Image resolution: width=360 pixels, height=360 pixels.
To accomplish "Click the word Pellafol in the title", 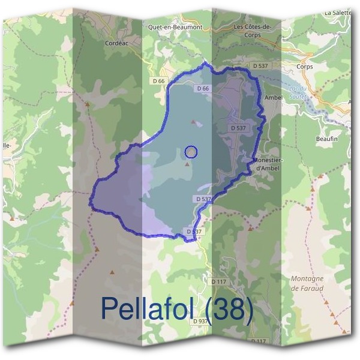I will tap(149, 308).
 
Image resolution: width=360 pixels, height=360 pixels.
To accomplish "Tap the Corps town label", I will tap(305, 67).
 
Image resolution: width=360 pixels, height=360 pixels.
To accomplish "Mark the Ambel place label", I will tap(273, 97).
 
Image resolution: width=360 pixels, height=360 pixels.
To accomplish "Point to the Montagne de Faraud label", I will tap(307, 283).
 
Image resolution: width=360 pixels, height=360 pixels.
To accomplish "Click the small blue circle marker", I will tap(191, 152).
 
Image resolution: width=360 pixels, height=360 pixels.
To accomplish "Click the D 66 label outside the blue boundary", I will tap(158, 80).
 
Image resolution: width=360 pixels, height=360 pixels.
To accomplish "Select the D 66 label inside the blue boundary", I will tap(202, 89).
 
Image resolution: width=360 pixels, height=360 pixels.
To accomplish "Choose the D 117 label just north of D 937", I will tap(218, 281).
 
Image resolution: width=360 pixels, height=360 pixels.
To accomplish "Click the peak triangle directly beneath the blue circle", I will tap(188, 163).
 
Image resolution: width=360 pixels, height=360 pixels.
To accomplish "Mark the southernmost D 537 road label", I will tap(194, 231).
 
